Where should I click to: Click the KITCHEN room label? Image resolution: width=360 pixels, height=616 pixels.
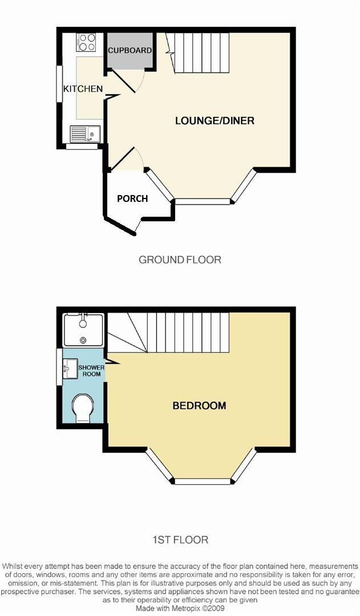[83, 88]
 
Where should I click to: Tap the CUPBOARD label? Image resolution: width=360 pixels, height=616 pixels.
[130, 50]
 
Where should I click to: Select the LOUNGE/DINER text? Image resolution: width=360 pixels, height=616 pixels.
[215, 120]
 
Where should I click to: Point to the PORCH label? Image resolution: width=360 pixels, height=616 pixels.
[132, 198]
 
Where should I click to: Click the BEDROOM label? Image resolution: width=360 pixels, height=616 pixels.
[199, 406]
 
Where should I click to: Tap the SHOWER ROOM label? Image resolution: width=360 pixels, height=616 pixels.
[91, 371]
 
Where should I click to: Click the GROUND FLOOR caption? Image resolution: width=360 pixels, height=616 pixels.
[180, 260]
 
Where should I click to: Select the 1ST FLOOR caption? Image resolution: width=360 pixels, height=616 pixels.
[180, 539]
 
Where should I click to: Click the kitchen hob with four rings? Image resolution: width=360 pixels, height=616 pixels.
[86, 43]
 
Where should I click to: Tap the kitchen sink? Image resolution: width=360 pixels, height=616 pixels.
[84, 134]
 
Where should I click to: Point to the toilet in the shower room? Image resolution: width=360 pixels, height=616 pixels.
[83, 408]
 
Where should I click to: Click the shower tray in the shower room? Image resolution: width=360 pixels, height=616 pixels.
[83, 330]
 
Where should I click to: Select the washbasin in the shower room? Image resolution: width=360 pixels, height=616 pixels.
[70, 368]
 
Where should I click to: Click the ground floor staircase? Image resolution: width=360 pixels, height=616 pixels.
[200, 52]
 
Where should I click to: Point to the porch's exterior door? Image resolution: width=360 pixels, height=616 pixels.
[137, 226]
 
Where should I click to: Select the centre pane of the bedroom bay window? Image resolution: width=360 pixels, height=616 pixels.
[203, 481]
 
